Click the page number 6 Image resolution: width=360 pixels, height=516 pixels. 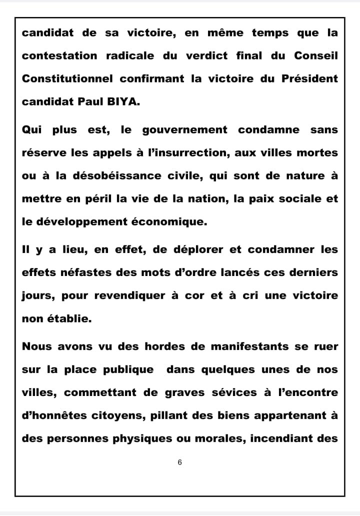(x=179, y=462)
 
